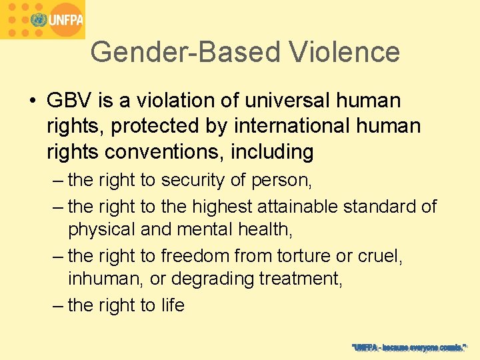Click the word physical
[x=101, y=229]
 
